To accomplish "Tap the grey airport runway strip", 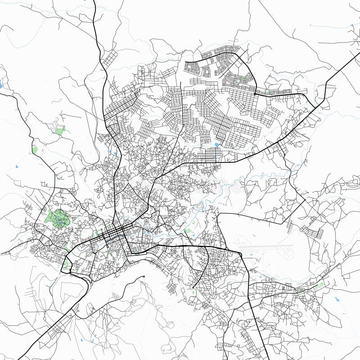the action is (x=265, y=247).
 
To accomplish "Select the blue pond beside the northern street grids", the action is (x=217, y=145).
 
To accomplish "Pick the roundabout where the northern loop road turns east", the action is (x=255, y=94).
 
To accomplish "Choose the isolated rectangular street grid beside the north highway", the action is (x=109, y=58).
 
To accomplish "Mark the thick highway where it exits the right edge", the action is (x=359, y=54).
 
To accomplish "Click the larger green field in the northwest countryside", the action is (x=59, y=131).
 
